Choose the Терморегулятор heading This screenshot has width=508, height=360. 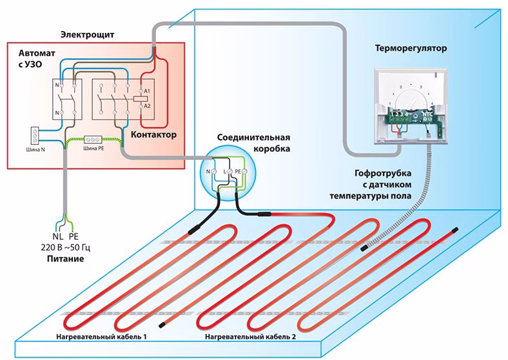click(410, 48)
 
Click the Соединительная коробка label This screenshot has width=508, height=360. click(249, 143)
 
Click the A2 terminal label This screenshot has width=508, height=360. click(146, 105)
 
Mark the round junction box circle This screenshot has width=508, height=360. click(228, 173)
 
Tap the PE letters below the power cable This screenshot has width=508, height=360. click(73, 237)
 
